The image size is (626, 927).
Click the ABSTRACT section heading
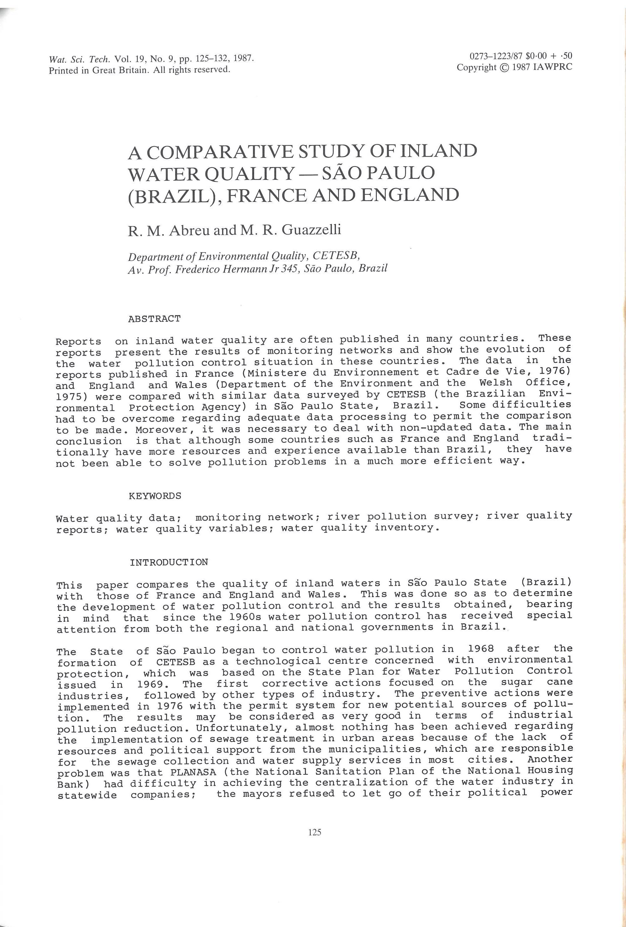(154, 319)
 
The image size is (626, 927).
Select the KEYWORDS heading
(155, 496)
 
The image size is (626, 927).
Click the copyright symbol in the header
(504, 67)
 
